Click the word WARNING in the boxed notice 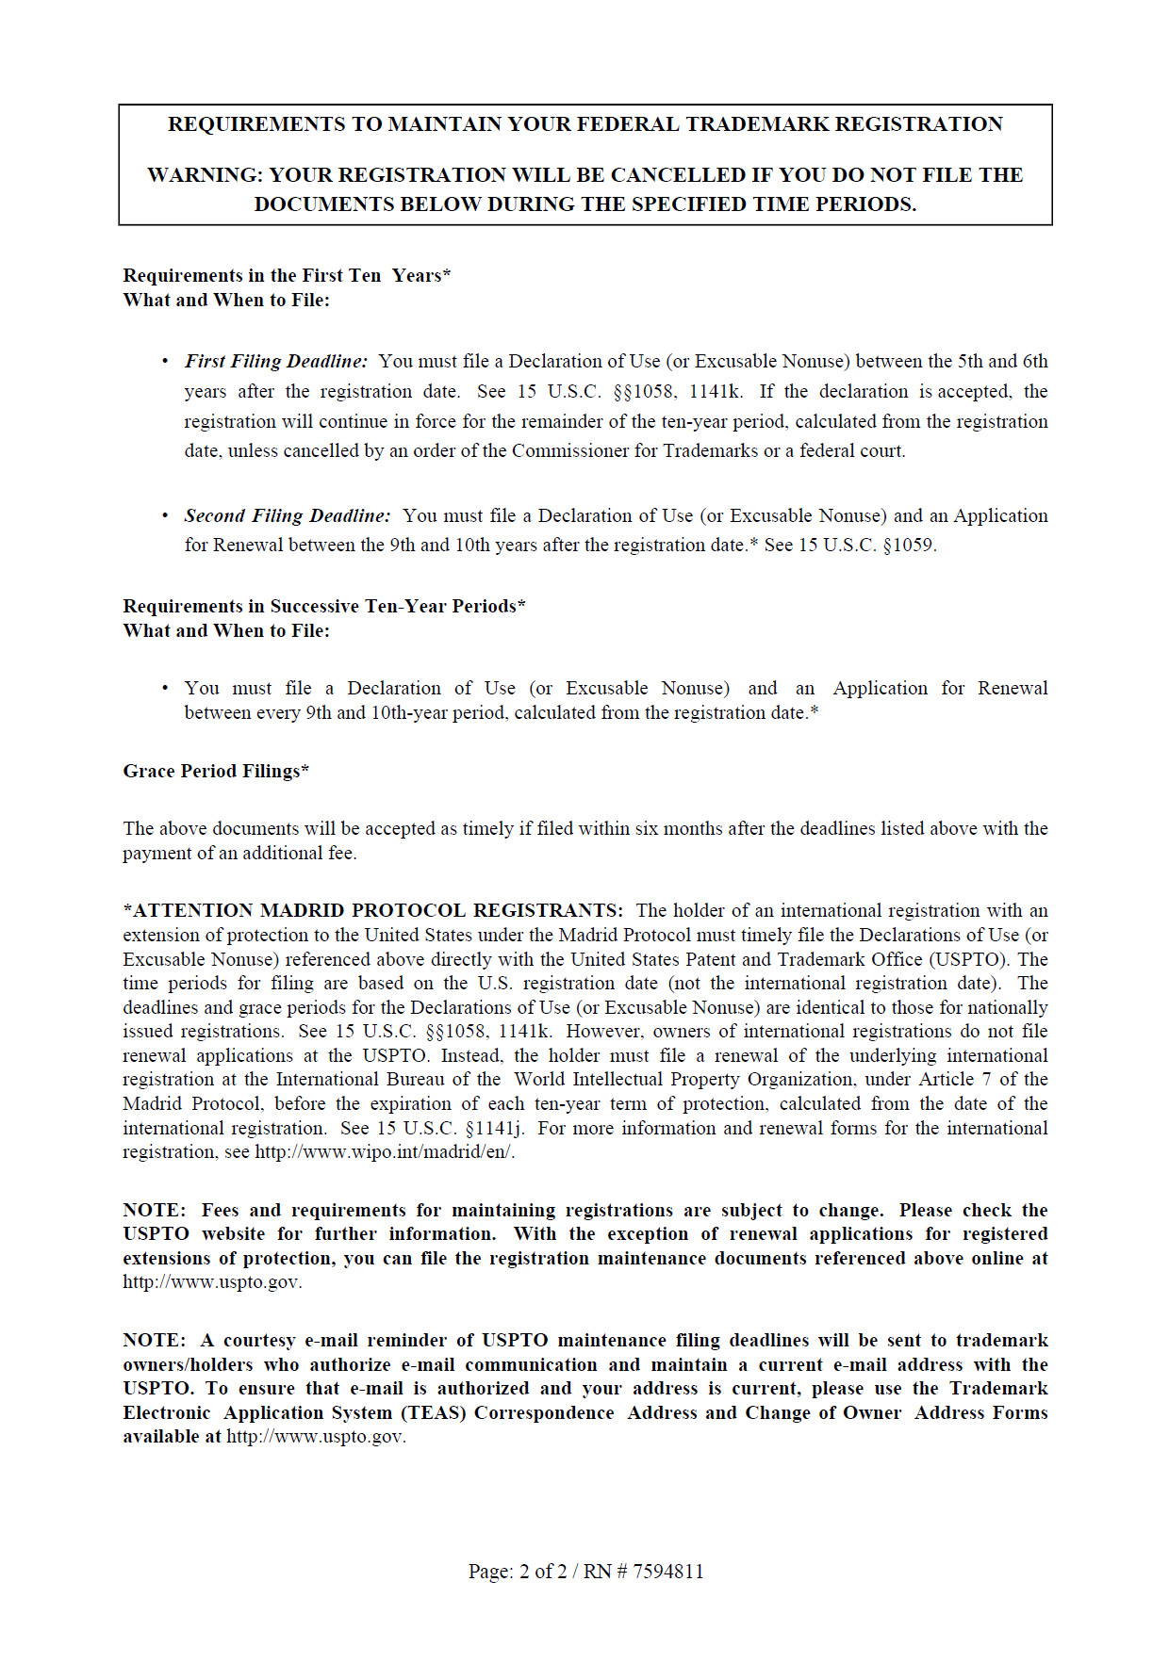(x=204, y=175)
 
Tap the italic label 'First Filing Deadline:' (x=275, y=361)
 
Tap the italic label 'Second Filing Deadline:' (x=287, y=515)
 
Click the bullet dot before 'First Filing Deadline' (x=166, y=361)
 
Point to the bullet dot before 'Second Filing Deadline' (x=166, y=515)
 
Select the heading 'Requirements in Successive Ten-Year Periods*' (x=323, y=606)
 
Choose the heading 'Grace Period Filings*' (x=216, y=771)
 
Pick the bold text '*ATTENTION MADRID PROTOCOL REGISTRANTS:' (x=372, y=910)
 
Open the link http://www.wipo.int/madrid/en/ (x=385, y=1151)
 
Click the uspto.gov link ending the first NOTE (x=212, y=1282)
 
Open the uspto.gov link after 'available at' (x=316, y=1437)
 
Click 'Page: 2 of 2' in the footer (x=518, y=1571)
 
